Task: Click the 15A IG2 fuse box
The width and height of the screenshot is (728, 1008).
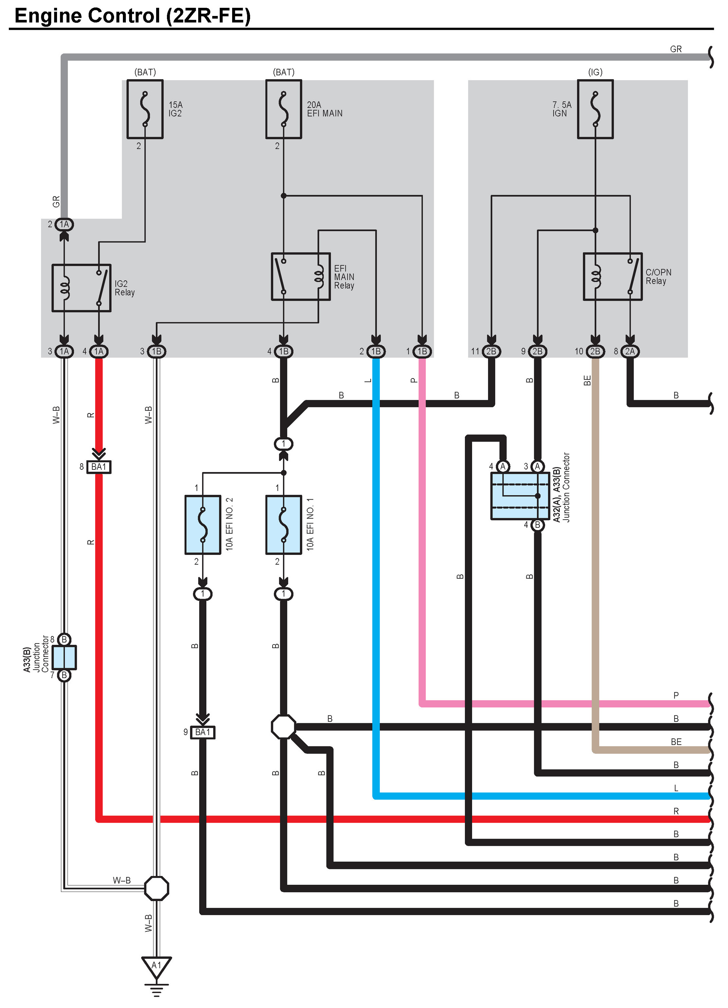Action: click(145, 109)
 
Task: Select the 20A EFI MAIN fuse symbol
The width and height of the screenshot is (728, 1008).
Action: click(283, 109)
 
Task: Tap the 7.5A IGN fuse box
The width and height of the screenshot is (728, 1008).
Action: click(595, 109)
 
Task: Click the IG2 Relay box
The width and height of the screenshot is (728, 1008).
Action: click(81, 288)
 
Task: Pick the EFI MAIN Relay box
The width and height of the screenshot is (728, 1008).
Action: click(301, 277)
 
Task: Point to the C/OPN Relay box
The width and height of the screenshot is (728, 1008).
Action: click(613, 277)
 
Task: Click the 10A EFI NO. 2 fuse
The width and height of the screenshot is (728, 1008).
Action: click(203, 525)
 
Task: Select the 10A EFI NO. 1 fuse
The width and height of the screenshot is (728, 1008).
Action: click(283, 525)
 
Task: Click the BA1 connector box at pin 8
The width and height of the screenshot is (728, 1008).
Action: click(99, 467)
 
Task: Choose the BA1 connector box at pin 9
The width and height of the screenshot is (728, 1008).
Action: click(203, 732)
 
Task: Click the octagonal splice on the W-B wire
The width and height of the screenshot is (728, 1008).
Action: click(156, 889)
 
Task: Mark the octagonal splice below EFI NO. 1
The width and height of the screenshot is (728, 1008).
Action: click(283, 727)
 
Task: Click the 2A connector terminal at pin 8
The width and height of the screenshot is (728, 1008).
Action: click(630, 351)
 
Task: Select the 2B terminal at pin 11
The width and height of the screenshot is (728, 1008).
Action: click(491, 351)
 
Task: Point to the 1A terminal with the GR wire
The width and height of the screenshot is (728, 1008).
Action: click(64, 224)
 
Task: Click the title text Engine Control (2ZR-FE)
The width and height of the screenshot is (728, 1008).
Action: click(132, 16)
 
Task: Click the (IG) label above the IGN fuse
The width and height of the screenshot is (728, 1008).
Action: click(595, 72)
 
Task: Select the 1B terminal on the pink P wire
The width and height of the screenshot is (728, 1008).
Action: click(422, 351)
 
